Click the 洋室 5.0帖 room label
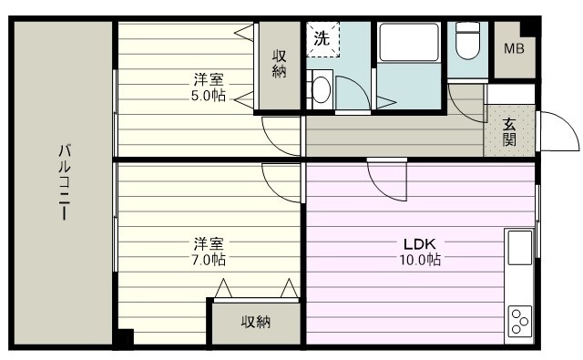pos(209,87)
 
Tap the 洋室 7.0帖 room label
pos(209,251)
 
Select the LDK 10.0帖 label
pos(422,252)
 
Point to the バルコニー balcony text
pos(65,182)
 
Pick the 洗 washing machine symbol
pos(322,39)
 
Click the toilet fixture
pos(467,41)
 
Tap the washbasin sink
pos(321,88)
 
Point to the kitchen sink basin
pos(519,246)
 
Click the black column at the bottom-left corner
pos(125,338)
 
